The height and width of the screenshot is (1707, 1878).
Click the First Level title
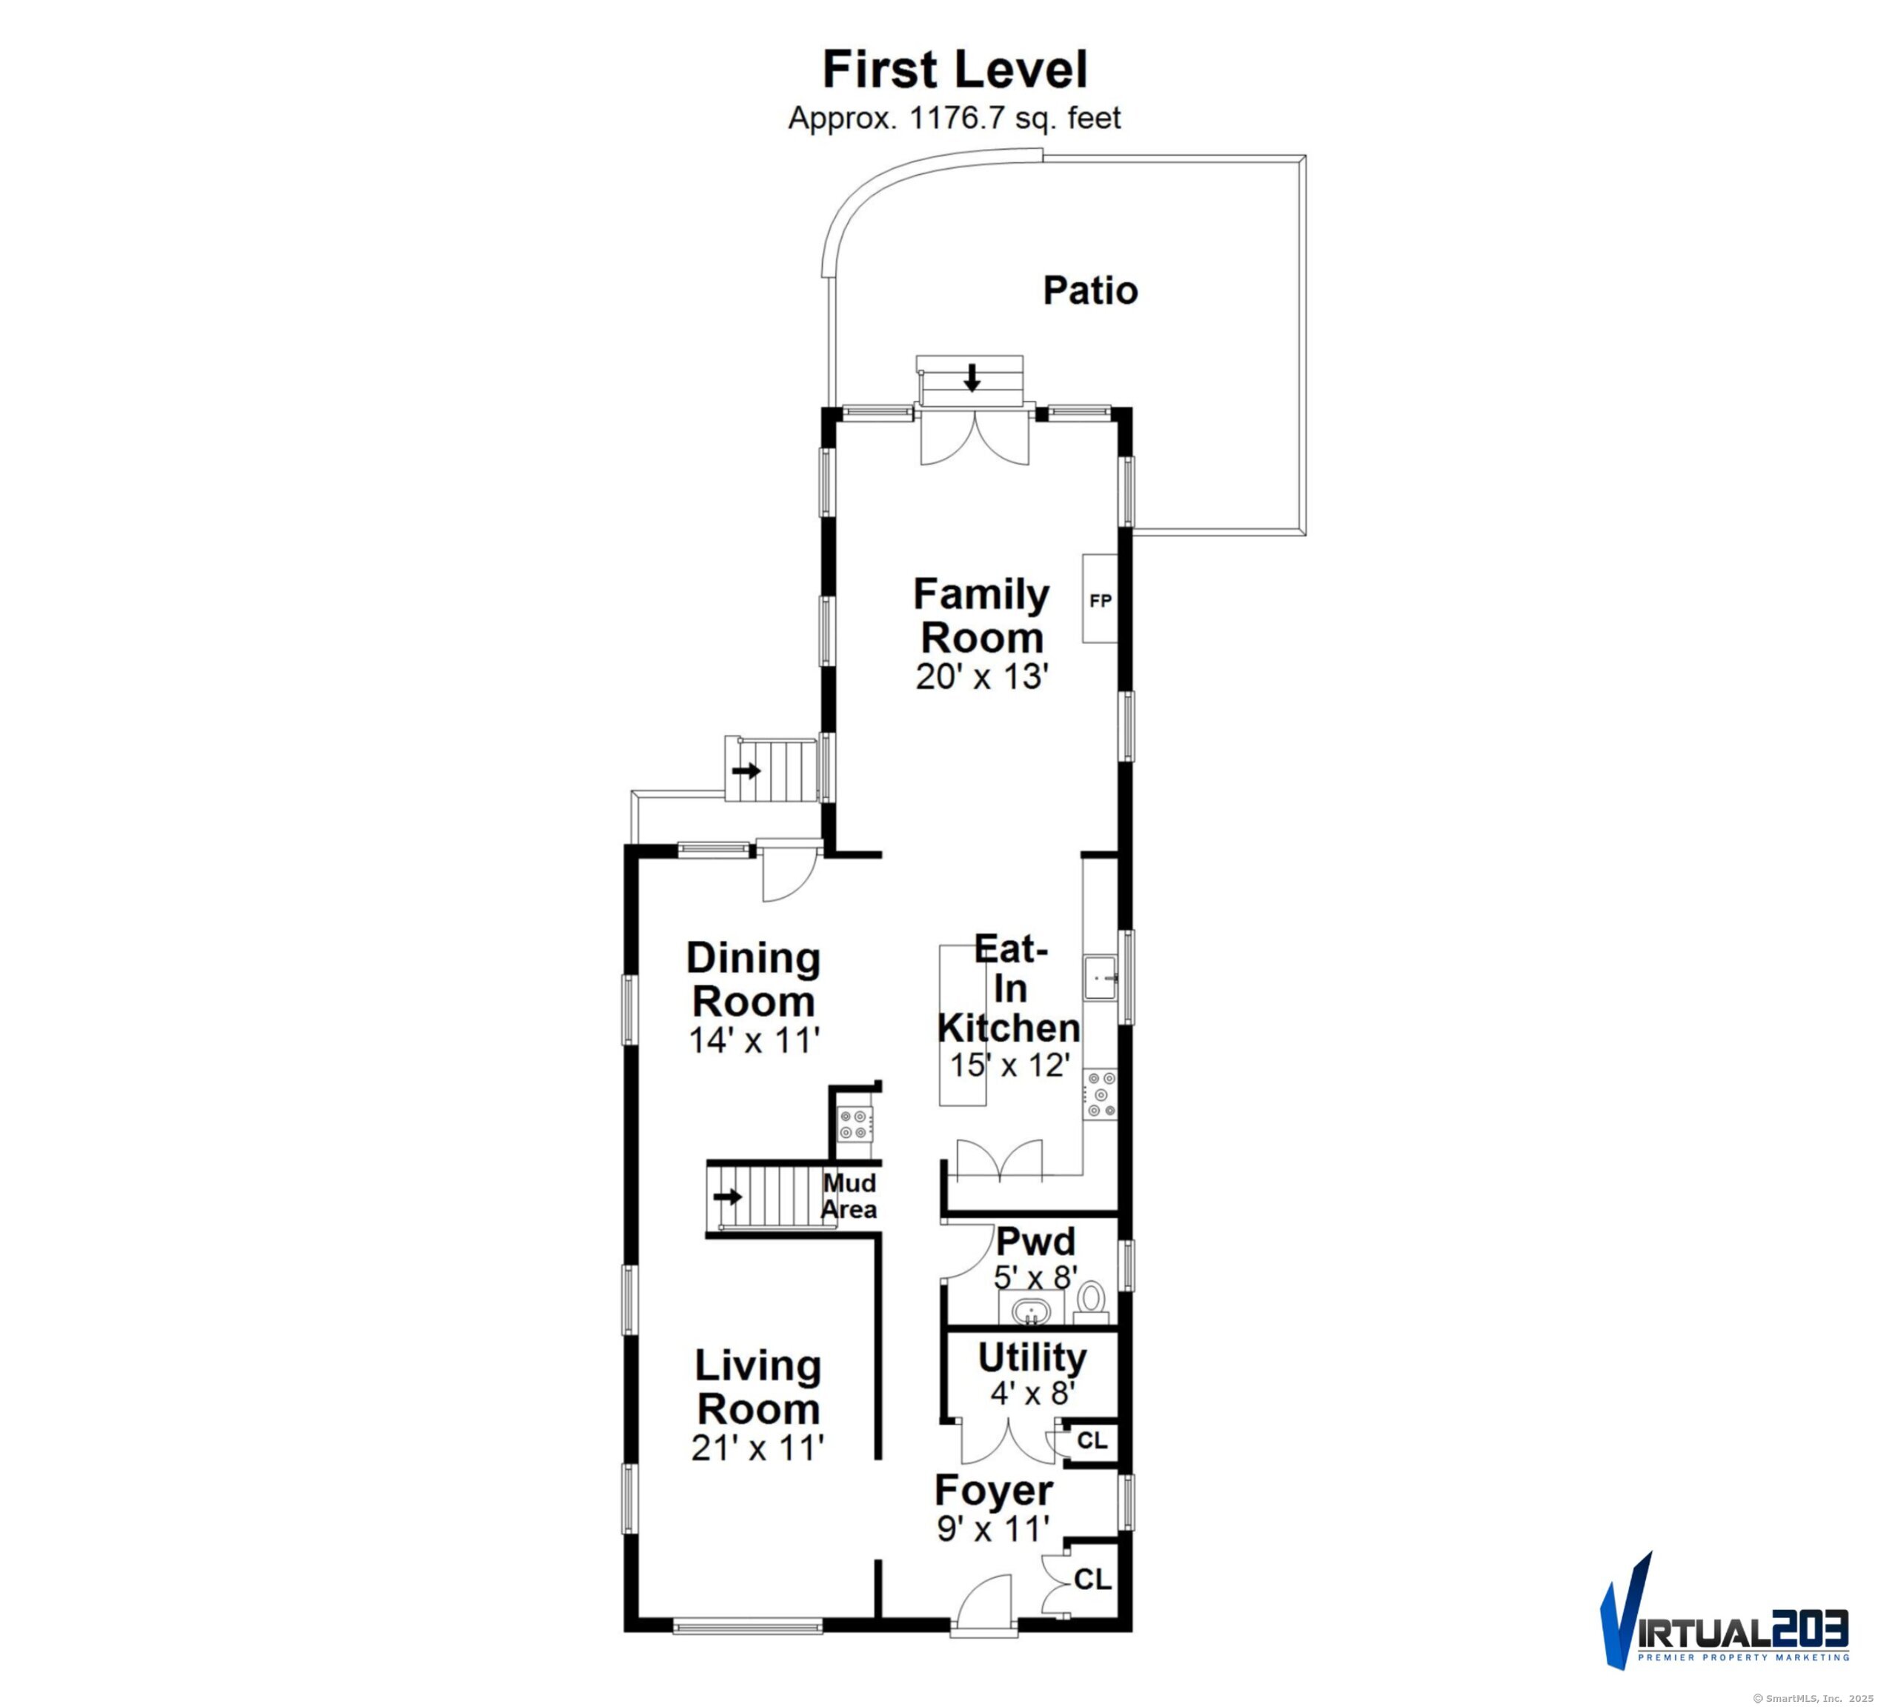pyautogui.click(x=955, y=70)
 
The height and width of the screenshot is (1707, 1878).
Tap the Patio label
pyautogui.click(x=1090, y=290)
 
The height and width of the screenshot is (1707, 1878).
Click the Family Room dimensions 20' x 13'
pyautogui.click(x=982, y=677)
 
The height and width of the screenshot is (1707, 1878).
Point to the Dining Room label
pyautogui.click(x=753, y=979)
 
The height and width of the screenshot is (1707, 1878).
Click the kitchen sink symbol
pyautogui.click(x=1100, y=978)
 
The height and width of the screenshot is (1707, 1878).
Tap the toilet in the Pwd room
pyautogui.click(x=1091, y=1302)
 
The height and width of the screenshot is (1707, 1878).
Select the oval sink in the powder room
pyautogui.click(x=1031, y=1312)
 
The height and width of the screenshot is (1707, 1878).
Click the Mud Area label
pyautogui.click(x=849, y=1197)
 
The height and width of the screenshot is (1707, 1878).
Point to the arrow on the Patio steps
pyautogui.click(x=972, y=377)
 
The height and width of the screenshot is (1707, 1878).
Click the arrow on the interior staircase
pyautogui.click(x=728, y=1196)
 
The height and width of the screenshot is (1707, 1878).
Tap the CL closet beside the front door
pyautogui.click(x=1092, y=1580)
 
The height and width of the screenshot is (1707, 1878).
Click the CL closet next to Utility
pyautogui.click(x=1092, y=1441)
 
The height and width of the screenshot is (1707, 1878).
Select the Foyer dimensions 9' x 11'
pyautogui.click(x=994, y=1528)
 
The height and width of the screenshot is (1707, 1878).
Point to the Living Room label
pyautogui.click(x=758, y=1388)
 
